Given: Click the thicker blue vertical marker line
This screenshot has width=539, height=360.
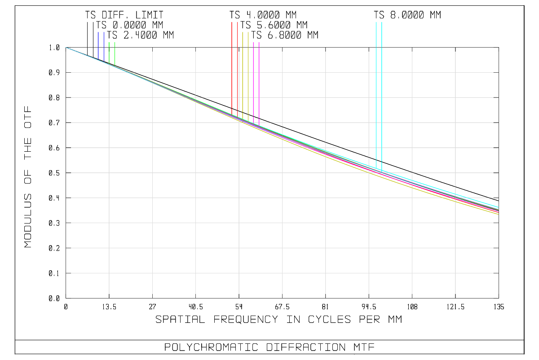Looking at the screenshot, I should [98, 45].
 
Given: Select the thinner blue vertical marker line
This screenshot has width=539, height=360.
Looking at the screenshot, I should [104, 45].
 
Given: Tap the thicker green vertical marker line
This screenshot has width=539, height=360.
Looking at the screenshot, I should [109, 52].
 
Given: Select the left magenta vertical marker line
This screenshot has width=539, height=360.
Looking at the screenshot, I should [253, 81].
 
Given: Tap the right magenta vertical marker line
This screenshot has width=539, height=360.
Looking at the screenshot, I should [259, 81].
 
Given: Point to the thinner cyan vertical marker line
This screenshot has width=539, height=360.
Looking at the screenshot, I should [376, 90].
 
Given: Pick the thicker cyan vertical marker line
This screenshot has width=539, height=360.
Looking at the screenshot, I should [382, 90].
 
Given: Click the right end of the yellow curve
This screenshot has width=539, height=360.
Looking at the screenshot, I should [499, 214].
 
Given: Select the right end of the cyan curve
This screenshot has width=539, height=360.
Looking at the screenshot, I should [499, 207].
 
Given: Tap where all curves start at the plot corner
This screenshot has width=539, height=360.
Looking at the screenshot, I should [66, 47].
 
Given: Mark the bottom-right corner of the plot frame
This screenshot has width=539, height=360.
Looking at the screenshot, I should [499, 298].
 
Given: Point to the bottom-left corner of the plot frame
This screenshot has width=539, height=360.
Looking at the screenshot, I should [66, 298].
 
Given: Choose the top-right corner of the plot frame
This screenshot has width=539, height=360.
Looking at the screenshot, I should [499, 47].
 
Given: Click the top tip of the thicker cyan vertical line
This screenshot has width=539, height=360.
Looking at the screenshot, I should [382, 22].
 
